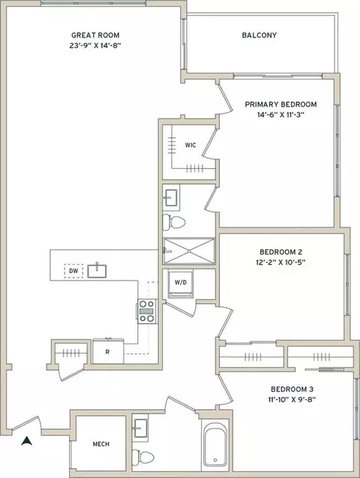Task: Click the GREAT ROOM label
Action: click(x=95, y=35)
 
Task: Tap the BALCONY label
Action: click(x=259, y=35)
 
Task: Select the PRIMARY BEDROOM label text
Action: click(x=280, y=104)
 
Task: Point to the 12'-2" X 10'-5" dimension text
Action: click(x=280, y=262)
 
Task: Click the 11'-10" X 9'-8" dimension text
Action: click(x=292, y=400)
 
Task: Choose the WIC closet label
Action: click(x=190, y=145)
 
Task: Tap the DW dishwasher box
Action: click(x=73, y=271)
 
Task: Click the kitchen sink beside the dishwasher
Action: click(x=97, y=271)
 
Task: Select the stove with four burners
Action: click(x=146, y=311)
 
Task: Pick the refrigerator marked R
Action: click(x=108, y=352)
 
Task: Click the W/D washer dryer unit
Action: click(x=181, y=283)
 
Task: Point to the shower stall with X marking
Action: click(x=189, y=251)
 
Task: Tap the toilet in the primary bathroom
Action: click(x=174, y=222)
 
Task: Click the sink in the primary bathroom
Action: click(x=170, y=197)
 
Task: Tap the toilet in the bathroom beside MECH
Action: click(x=143, y=457)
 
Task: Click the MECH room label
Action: click(x=101, y=444)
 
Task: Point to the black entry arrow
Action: click(x=27, y=440)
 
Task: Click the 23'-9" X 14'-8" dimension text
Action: click(x=95, y=46)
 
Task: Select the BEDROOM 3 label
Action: click(x=292, y=389)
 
